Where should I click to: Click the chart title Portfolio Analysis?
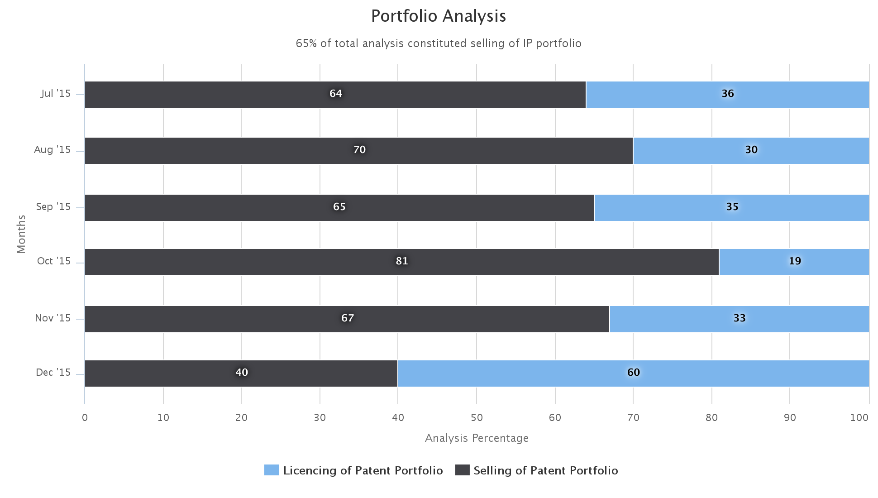click(439, 16)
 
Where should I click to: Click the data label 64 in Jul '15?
click(335, 94)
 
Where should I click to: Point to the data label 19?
click(795, 261)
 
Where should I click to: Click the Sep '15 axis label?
click(53, 207)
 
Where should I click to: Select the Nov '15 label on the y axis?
click(53, 318)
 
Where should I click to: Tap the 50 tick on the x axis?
click(477, 418)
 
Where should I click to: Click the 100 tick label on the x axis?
click(859, 418)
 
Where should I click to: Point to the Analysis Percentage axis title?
click(477, 438)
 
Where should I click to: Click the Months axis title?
click(21, 234)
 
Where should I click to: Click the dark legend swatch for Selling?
click(462, 470)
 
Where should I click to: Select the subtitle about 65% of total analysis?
click(439, 43)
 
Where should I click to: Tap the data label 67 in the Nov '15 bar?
click(347, 318)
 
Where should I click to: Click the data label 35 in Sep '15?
click(732, 207)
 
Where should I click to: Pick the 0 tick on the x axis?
click(85, 418)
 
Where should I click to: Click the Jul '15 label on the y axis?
click(56, 94)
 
